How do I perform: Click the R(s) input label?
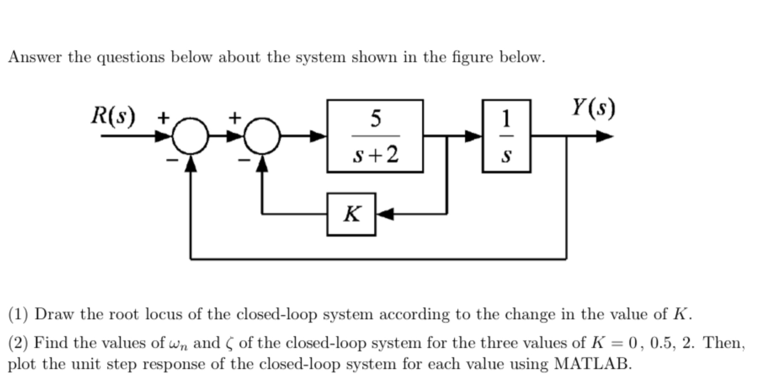[113, 115]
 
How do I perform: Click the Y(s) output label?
[593, 107]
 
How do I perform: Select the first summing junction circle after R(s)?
[191, 136]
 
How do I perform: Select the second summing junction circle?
[262, 136]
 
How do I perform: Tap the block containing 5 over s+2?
[375, 136]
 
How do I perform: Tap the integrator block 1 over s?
[506, 136]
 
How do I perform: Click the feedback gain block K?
[351, 214]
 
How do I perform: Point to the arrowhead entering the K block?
[385, 214]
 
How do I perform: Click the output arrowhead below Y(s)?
[604, 136]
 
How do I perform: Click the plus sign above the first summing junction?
[163, 117]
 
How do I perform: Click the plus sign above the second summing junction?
[235, 117]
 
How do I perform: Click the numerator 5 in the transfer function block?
[375, 118]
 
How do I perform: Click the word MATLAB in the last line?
[592, 363]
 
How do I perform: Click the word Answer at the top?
[35, 57]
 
